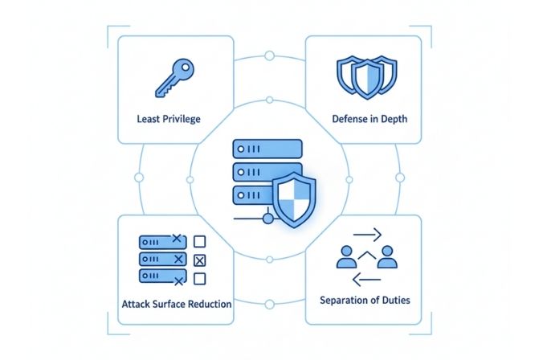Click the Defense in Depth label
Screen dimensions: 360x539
(370, 119)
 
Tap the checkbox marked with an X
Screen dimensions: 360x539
(201, 260)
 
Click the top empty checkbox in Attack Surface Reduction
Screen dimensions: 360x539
(201, 241)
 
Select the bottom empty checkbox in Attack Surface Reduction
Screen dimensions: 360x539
(201, 278)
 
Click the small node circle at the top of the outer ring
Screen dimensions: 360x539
(269, 55)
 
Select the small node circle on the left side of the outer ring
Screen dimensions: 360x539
(139, 177)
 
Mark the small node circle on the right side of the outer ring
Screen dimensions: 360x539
(399, 177)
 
